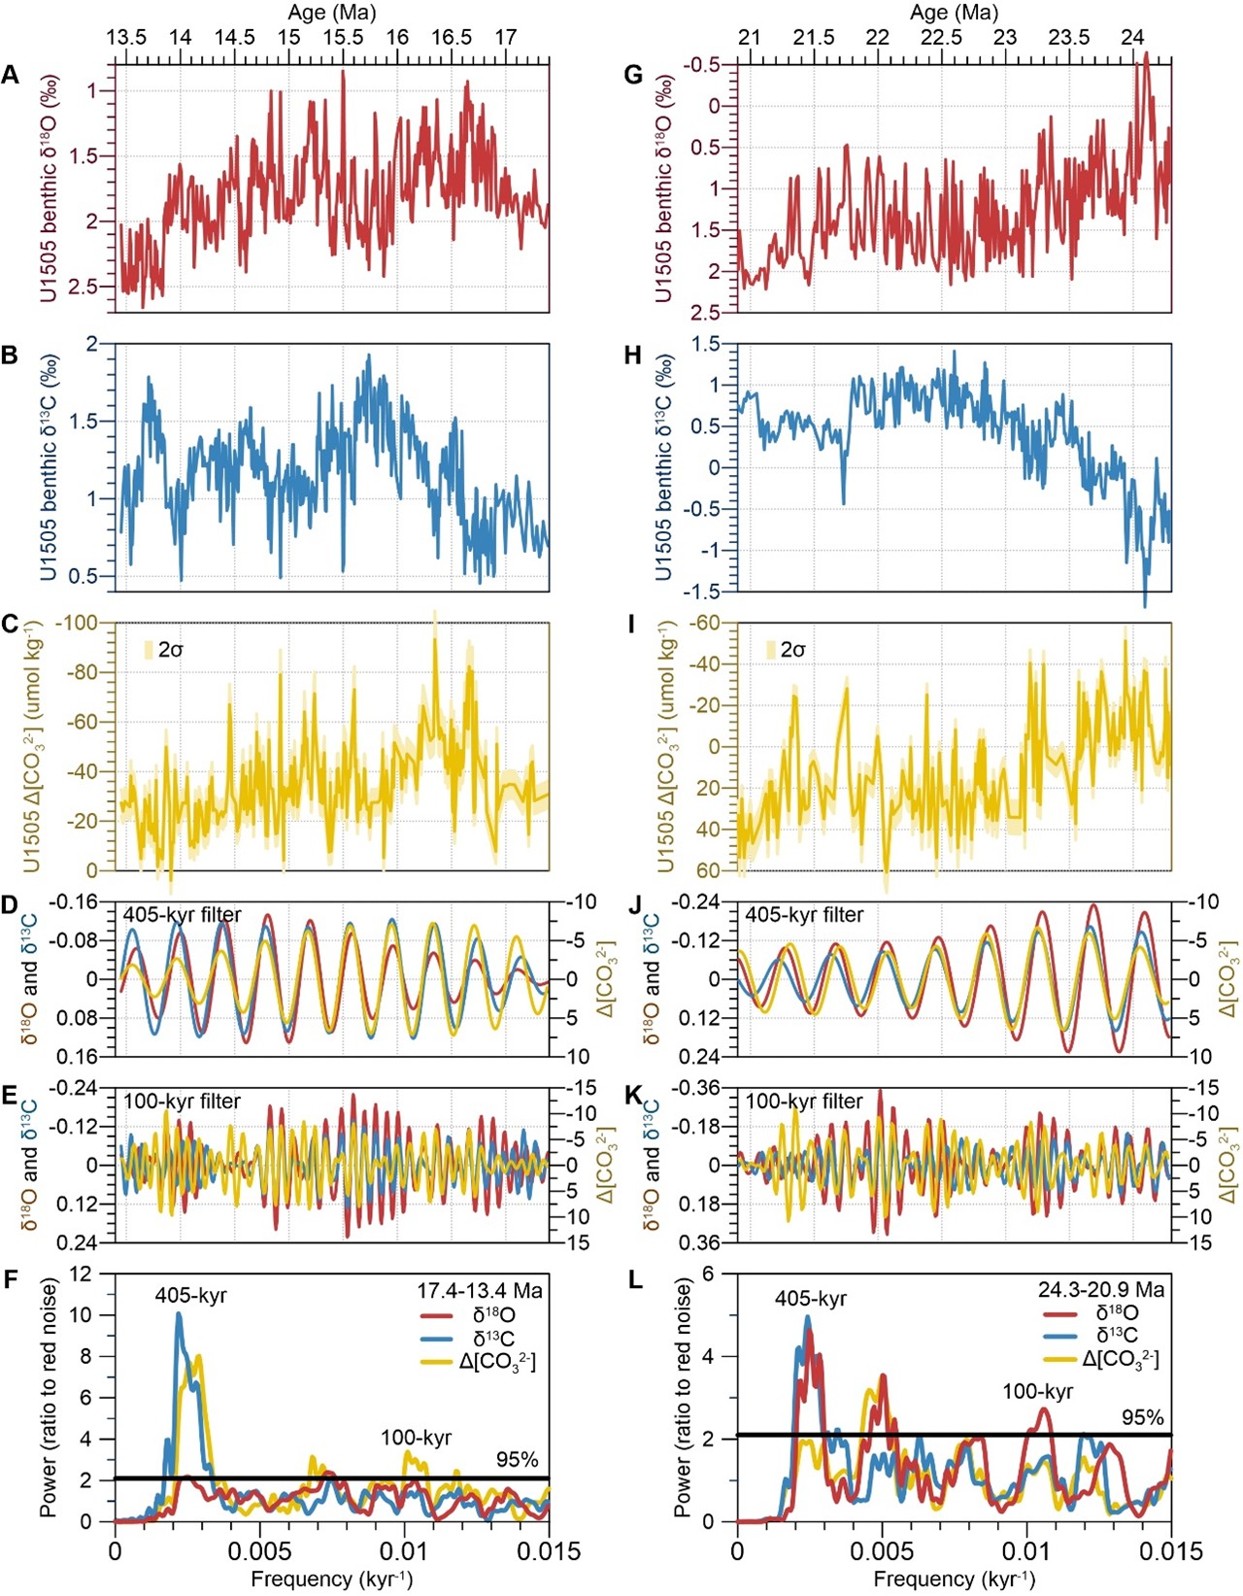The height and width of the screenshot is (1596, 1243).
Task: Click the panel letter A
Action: [11, 75]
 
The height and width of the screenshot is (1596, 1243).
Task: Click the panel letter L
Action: [634, 1279]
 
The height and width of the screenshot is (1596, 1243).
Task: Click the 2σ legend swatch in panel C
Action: [149, 650]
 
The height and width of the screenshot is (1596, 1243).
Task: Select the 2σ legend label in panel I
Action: [792, 650]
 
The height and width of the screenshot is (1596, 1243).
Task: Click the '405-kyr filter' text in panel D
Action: [182, 914]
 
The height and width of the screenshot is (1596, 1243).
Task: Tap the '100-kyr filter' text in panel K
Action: [804, 1102]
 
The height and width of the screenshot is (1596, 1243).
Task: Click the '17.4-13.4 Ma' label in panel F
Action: [480, 1291]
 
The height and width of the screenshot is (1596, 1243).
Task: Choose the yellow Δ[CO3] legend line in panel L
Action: [1061, 1359]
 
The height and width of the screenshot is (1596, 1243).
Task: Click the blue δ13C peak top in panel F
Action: [179, 1314]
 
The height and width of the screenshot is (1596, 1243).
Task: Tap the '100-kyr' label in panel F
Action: [416, 1438]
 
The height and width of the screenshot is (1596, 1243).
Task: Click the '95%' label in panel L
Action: [1143, 1417]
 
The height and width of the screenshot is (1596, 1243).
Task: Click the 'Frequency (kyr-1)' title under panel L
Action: [954, 1579]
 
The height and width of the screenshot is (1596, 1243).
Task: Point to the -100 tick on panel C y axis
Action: [80, 623]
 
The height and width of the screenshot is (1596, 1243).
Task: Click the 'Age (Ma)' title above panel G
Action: [954, 13]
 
